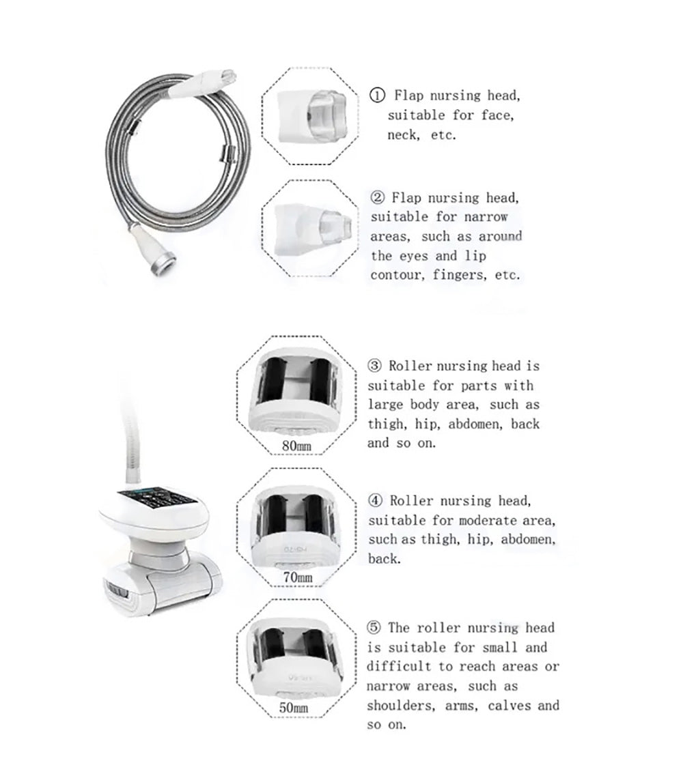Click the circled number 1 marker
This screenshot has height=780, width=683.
(x=377, y=96)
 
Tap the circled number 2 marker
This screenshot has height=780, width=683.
(x=377, y=198)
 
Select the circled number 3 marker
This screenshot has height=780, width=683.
(x=375, y=366)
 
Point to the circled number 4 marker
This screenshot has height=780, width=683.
(x=375, y=502)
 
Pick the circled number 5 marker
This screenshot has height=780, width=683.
(x=374, y=628)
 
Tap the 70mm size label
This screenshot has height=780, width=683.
(x=297, y=579)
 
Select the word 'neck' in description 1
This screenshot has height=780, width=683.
(x=402, y=135)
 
